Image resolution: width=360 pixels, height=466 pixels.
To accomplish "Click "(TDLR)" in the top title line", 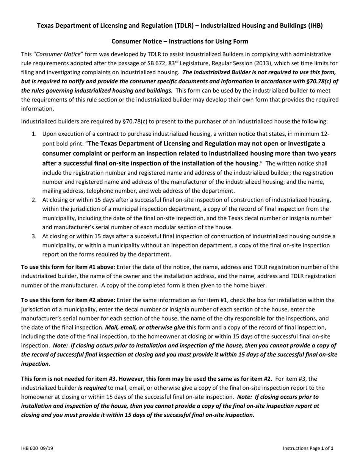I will click(185, 26).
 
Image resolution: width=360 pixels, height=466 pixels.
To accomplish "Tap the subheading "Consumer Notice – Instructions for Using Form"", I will click(180, 41).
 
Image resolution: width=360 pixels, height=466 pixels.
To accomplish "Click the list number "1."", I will click(34, 134).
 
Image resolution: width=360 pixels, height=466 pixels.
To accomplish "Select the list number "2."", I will click(34, 200).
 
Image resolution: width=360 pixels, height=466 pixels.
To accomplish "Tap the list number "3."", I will click(34, 236).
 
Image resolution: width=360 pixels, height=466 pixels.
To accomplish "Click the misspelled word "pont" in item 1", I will click(49, 144).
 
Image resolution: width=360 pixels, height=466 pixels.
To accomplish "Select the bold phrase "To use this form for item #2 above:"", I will click(68, 300).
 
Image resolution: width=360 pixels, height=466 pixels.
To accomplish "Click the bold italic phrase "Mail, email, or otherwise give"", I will click(145, 327).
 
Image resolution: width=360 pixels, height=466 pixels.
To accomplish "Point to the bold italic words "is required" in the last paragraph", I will click(92, 388).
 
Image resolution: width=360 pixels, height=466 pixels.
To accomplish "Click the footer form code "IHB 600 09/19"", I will click(37, 448).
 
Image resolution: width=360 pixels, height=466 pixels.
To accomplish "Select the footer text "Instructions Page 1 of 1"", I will click(308, 448).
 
